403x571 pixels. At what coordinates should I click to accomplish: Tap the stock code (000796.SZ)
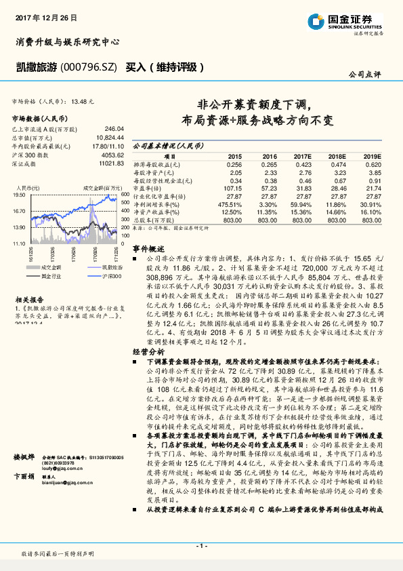89,67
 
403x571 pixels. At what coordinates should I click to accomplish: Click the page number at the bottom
201,546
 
